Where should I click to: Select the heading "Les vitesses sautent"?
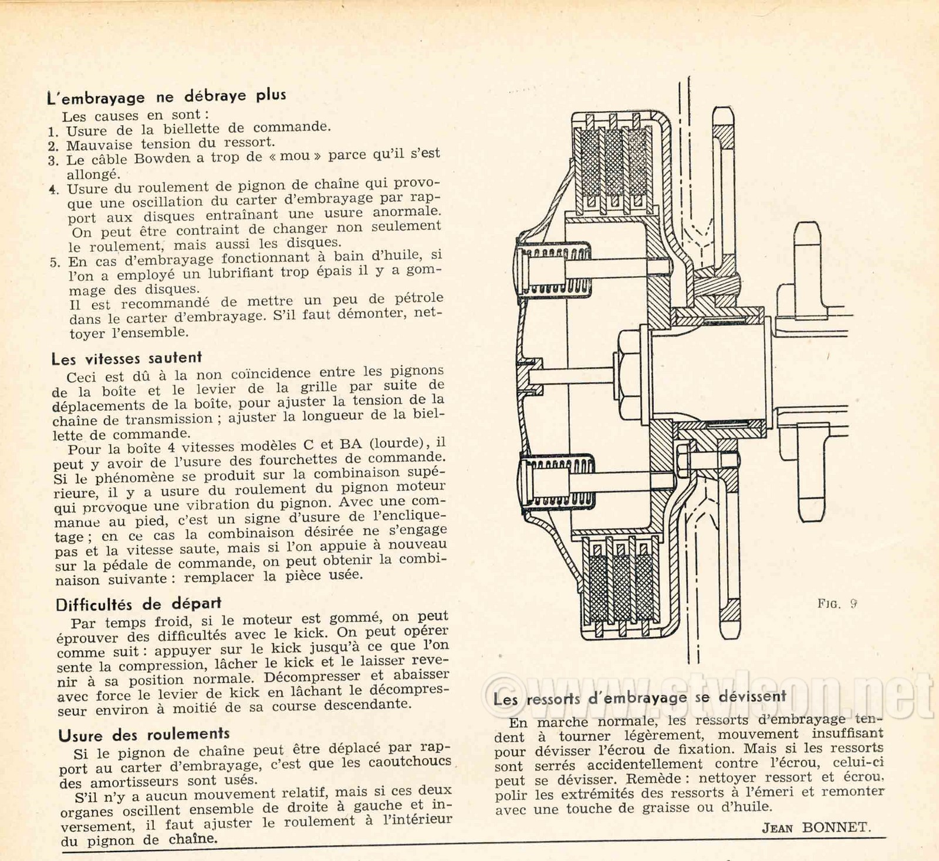click(126, 358)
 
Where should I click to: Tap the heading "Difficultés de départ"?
click(139, 604)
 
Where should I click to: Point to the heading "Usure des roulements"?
click(144, 735)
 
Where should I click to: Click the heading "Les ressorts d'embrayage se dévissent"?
click(639, 698)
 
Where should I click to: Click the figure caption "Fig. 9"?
click(837, 603)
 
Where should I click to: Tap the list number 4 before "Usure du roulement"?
click(54, 190)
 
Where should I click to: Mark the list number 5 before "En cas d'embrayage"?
click(55, 262)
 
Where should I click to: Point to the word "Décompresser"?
click(312, 677)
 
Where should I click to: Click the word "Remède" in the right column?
click(654, 779)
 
